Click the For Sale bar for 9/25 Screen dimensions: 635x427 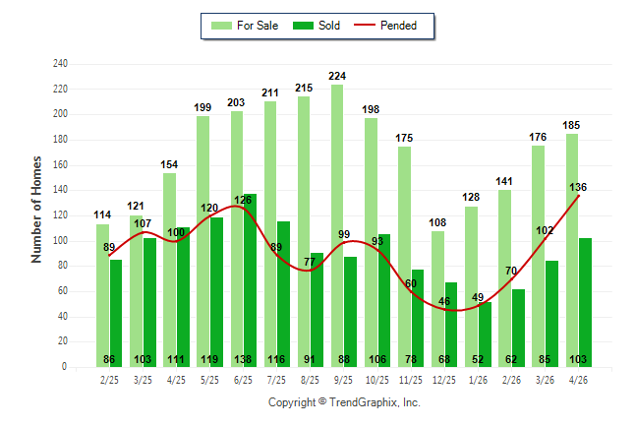337,226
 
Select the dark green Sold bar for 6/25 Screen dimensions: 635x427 250,280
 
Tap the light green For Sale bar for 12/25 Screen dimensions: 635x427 437,299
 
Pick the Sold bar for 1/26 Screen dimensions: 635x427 485,335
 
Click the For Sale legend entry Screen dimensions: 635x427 245,26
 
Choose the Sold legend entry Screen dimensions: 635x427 317,26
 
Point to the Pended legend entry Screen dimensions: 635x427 385,26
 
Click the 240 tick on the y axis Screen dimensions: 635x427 60,64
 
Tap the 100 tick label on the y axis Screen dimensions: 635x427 60,241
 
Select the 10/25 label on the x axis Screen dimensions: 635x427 377,380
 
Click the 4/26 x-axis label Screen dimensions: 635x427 578,380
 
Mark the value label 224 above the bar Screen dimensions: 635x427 337,76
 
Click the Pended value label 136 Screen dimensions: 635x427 578,187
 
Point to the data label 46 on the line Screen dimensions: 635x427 444,302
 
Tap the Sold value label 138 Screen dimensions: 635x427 243,360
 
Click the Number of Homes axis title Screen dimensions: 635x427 36,210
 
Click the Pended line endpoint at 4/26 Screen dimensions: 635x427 578,196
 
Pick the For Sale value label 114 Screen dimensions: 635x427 102,214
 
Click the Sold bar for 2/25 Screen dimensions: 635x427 116,314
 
